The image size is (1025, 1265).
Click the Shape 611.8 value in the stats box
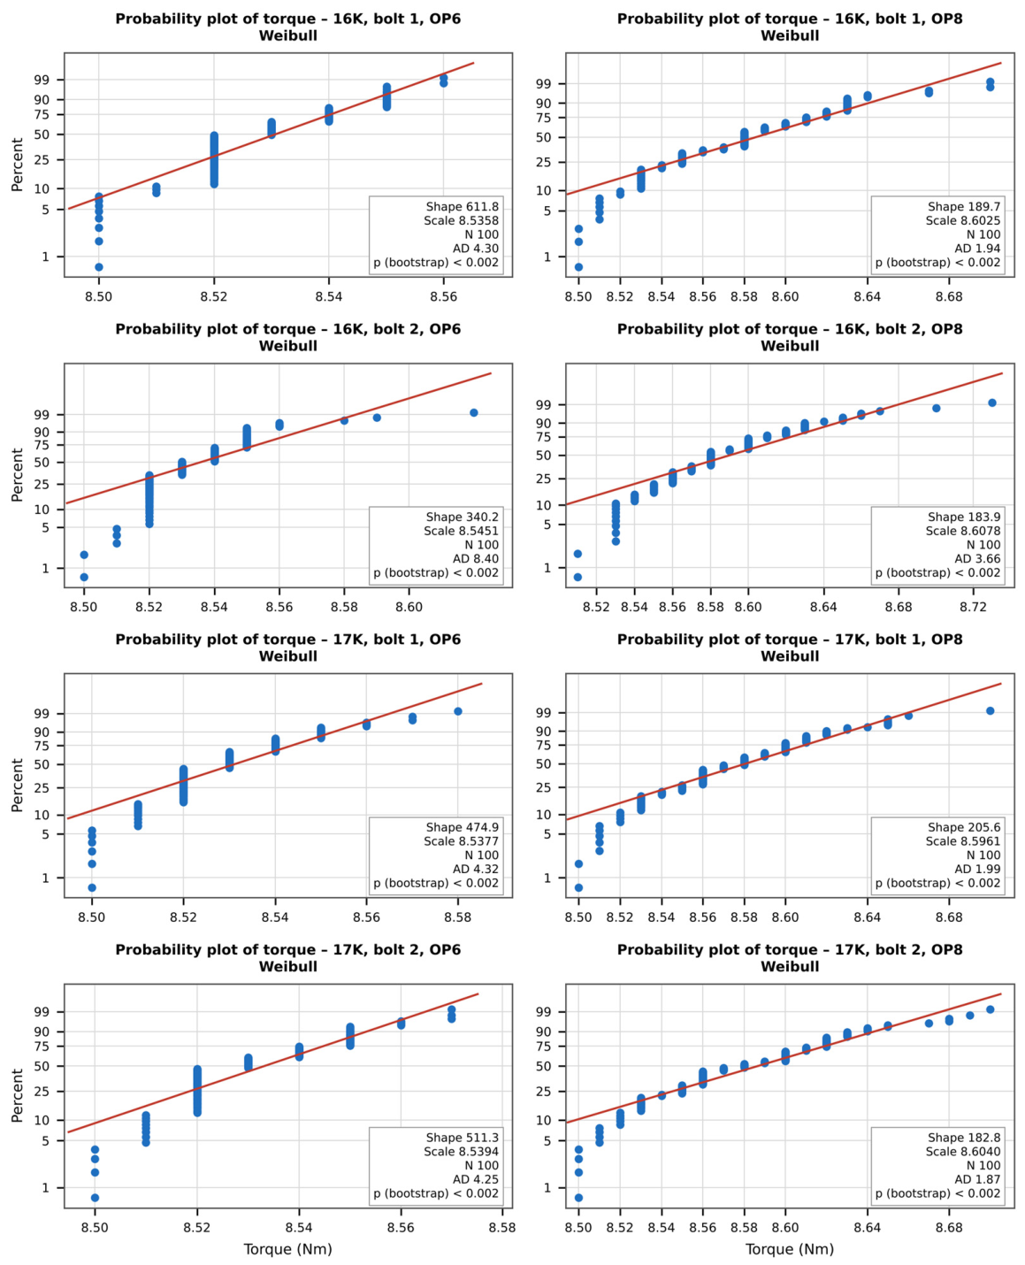462,207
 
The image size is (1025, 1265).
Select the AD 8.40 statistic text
476,559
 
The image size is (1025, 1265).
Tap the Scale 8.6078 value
963,531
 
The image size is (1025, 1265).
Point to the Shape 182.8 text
964,1138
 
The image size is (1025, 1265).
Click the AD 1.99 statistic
977,869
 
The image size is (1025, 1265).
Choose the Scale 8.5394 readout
461,1152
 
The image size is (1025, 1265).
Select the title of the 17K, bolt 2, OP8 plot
790,958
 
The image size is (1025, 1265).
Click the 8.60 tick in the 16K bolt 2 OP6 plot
409,607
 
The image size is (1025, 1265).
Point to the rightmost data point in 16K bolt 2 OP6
474,413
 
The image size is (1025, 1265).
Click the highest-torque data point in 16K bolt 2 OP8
991,402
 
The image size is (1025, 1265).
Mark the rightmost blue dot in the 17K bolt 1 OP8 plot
990,711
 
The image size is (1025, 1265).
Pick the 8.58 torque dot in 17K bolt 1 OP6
457,711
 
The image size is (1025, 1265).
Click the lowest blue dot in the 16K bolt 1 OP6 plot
99,267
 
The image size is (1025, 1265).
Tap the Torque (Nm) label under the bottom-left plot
287,1249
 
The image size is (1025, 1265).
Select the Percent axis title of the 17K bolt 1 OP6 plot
17,786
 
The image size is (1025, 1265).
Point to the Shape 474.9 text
462,827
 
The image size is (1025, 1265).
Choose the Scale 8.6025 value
963,221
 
